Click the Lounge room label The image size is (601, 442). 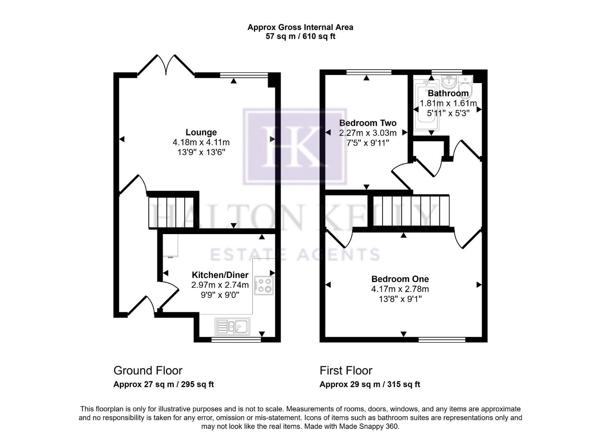[x=201, y=132]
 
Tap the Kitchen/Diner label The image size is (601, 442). [x=220, y=275]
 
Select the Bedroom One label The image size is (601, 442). [x=400, y=279]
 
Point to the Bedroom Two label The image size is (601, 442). [x=367, y=123]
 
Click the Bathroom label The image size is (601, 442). [x=448, y=93]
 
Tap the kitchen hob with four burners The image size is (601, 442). [x=264, y=286]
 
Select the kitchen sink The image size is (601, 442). [x=232, y=326]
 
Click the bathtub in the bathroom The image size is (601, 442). [x=426, y=107]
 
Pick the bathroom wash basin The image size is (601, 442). [x=449, y=81]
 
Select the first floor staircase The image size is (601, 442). [x=411, y=210]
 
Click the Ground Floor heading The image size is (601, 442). [x=147, y=370]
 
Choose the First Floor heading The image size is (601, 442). [x=346, y=370]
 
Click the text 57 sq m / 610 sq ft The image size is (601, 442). [x=300, y=36]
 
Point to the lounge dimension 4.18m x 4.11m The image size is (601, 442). [x=201, y=142]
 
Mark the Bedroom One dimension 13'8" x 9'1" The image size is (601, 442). [x=400, y=299]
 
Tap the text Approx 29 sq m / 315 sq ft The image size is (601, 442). [x=370, y=384]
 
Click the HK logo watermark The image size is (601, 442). [x=295, y=147]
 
